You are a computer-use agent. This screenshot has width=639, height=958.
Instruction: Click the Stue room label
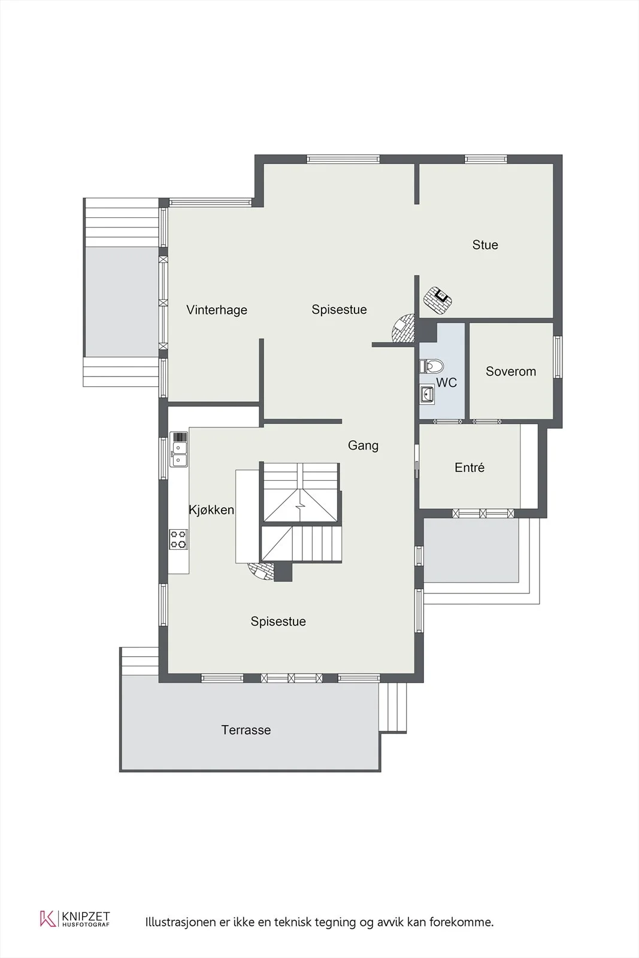coord(485,245)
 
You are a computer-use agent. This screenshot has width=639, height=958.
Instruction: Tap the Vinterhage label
coord(217,310)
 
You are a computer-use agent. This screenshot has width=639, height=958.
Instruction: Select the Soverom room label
coord(511,371)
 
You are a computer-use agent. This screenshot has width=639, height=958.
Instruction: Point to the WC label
coord(447,383)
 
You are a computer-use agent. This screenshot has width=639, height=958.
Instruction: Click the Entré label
coord(470,468)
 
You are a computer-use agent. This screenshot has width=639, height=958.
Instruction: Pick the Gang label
coord(363,445)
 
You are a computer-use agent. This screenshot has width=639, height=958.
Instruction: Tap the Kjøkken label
coord(211,510)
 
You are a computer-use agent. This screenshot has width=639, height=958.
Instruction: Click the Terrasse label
coord(246,730)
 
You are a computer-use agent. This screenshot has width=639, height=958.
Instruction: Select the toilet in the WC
coord(432,366)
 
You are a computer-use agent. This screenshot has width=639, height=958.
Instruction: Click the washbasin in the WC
coord(427,394)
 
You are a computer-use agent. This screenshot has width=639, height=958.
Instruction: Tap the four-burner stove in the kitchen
coord(178,539)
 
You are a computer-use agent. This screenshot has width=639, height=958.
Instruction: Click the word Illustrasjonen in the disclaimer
coord(181,922)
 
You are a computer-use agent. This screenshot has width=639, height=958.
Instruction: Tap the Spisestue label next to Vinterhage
coord(339,310)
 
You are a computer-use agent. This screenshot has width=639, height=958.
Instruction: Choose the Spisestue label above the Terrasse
coord(278,622)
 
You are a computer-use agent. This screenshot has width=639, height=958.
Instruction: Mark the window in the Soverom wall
coord(558,357)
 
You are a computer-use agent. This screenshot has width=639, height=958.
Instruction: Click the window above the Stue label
coord(486,159)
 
